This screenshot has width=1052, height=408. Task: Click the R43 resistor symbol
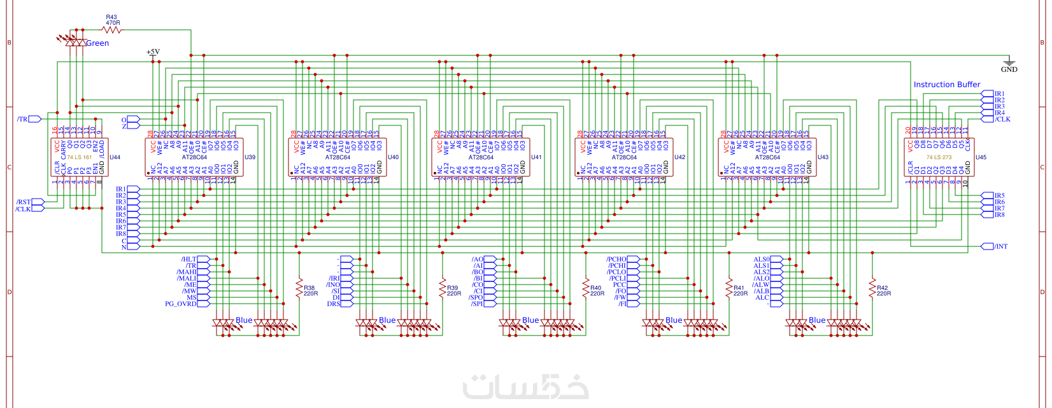112,30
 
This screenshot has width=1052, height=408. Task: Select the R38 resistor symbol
299,288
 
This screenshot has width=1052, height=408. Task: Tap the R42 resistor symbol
872,288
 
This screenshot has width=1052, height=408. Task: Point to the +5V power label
153,52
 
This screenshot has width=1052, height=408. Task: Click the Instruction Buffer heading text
946,85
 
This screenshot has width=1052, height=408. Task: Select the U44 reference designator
115,157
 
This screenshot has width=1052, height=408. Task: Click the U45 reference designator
981,157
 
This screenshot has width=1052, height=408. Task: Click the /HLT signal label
189,260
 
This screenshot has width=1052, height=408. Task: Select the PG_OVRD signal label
180,304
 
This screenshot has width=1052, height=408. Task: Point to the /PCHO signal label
616,260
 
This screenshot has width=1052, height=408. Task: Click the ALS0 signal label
762,260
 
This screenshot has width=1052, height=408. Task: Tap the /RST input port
24,202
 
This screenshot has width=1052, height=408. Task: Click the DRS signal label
334,304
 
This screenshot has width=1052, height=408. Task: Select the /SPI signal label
476,304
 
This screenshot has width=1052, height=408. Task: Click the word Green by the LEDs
97,43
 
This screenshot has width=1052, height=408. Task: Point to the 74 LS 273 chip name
939,157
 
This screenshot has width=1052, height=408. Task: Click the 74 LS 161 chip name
79,157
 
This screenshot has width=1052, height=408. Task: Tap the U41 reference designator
536,157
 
